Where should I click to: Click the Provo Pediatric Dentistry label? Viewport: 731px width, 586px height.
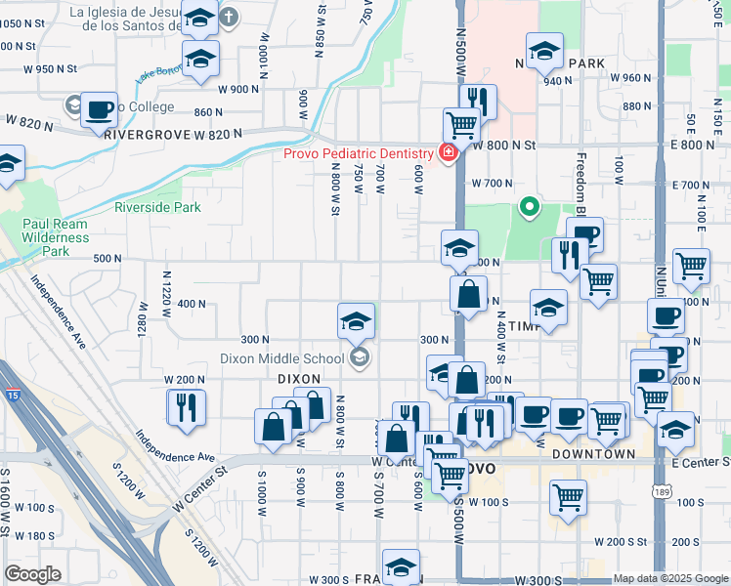[358, 153]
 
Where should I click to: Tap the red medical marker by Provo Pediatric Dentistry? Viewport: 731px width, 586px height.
[448, 153]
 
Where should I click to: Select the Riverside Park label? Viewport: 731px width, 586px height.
[157, 207]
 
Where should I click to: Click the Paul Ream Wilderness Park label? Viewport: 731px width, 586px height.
[56, 237]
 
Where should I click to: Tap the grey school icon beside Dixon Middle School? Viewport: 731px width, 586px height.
[360, 358]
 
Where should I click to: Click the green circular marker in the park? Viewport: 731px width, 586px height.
[530, 206]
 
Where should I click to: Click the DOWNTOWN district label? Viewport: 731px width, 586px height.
[595, 455]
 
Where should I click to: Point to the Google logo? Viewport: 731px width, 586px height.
[32, 574]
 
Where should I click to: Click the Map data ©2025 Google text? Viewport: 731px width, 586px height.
[669, 578]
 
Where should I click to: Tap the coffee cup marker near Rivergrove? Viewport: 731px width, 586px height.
[98, 110]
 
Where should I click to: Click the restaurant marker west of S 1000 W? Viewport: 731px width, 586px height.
[186, 406]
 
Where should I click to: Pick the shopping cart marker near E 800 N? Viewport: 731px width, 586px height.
[460, 125]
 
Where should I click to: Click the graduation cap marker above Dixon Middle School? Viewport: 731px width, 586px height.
[357, 319]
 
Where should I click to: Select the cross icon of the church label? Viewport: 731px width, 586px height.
[228, 17]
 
